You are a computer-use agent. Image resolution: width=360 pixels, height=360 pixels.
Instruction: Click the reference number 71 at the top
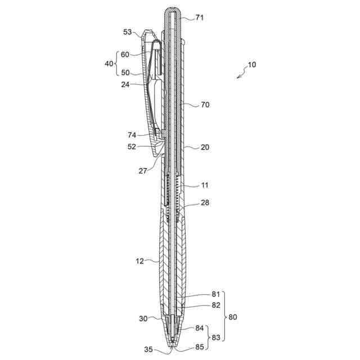point(200,17)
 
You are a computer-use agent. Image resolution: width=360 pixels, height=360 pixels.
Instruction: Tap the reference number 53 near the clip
point(128,32)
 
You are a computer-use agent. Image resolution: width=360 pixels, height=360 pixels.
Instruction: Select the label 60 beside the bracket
point(125,55)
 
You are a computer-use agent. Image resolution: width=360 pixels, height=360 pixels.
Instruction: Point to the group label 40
point(109,64)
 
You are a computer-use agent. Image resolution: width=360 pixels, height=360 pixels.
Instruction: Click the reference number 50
point(125,73)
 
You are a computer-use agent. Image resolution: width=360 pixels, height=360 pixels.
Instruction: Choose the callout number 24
point(125,85)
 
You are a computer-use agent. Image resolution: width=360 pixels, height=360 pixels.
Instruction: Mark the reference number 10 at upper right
point(252,65)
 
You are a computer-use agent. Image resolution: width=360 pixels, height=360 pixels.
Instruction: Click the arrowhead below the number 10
point(238,77)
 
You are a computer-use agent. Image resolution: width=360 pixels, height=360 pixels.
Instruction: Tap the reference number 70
point(205,105)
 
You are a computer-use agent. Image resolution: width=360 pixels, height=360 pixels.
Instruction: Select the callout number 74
point(132,135)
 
